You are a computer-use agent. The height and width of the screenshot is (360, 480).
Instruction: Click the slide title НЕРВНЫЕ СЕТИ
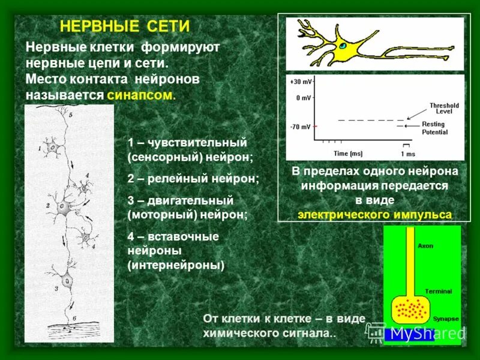(x=125, y=27)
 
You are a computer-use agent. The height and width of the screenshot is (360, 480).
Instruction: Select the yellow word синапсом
(x=141, y=95)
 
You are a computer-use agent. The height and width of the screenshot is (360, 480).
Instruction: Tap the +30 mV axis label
(x=299, y=81)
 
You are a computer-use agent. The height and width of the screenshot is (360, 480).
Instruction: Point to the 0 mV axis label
(x=302, y=97)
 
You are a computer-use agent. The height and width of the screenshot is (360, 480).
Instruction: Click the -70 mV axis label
(x=300, y=127)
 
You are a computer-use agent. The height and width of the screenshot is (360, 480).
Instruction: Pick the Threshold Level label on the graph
(x=444, y=109)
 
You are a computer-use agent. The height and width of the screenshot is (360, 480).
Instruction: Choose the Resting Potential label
(x=434, y=128)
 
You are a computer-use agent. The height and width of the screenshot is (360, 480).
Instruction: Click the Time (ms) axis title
(x=349, y=153)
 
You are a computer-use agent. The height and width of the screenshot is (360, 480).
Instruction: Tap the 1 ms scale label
(x=407, y=154)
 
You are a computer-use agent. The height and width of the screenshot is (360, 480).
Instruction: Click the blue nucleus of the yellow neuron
(x=342, y=46)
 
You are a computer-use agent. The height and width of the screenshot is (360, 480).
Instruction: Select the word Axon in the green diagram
(x=425, y=246)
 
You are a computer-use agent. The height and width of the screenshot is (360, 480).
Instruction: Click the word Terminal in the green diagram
(x=438, y=291)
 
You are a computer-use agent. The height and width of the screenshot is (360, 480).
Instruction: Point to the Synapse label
(x=446, y=319)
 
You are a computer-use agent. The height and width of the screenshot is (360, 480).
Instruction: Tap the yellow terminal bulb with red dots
(x=410, y=309)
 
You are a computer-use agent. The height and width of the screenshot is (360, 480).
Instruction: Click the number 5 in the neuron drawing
(x=70, y=115)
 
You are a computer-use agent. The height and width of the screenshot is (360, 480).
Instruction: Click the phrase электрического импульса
(x=376, y=214)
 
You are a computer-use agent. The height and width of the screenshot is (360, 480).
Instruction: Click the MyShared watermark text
(x=428, y=333)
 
